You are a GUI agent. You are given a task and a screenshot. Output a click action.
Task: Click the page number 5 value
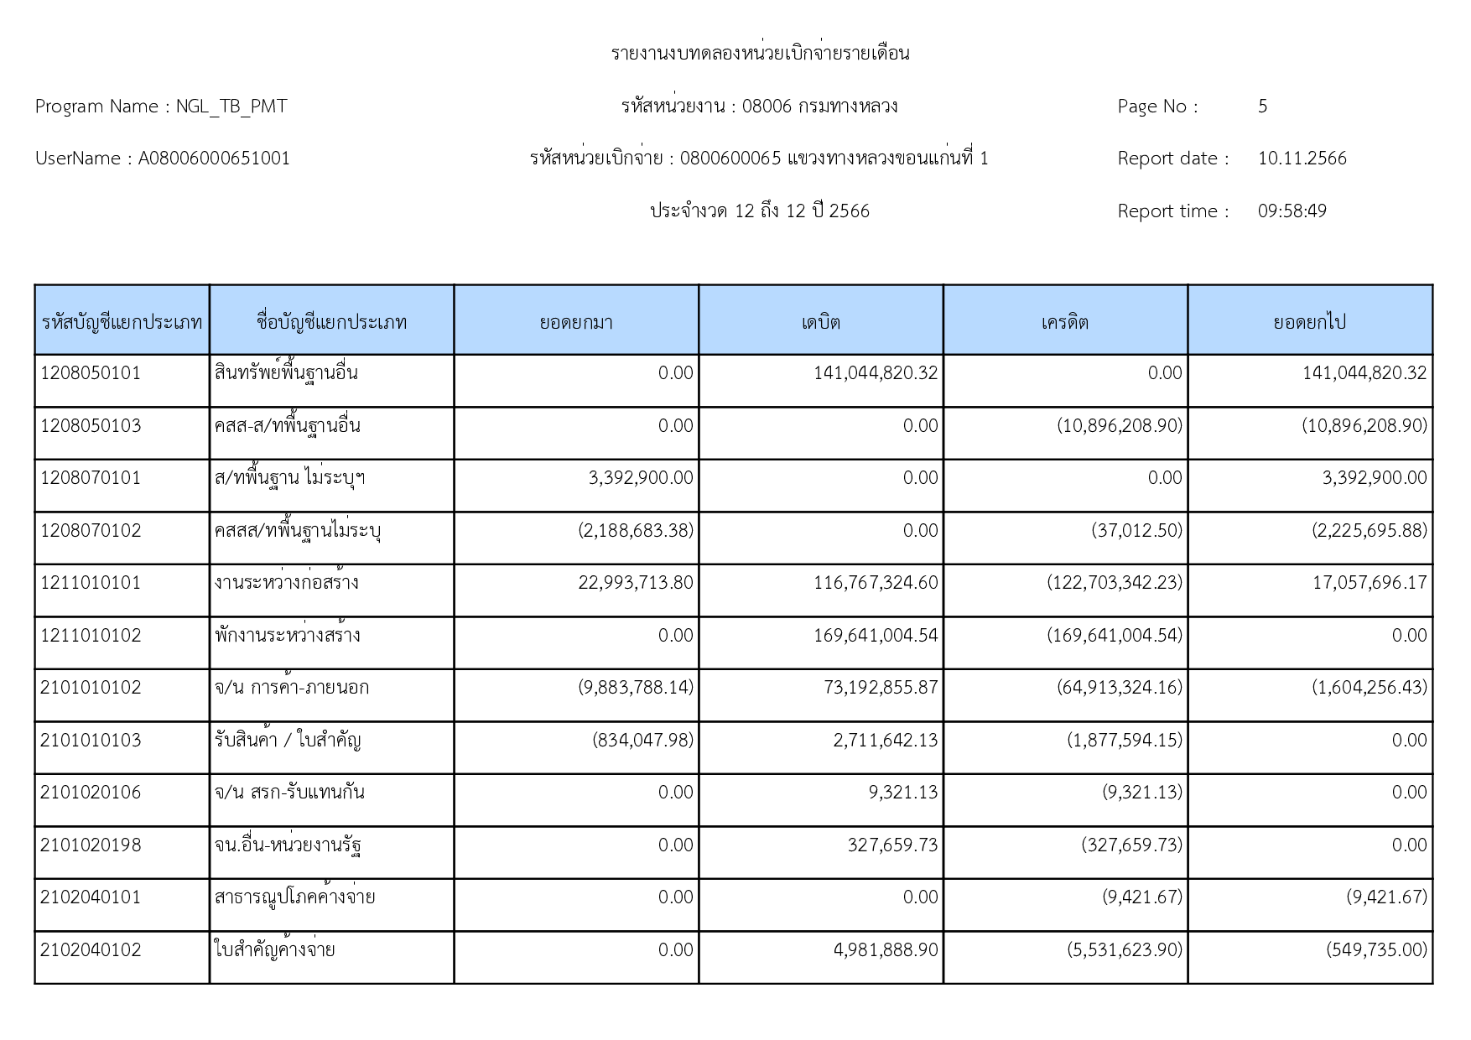point(1262,107)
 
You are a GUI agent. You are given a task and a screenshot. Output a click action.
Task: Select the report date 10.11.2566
point(1302,159)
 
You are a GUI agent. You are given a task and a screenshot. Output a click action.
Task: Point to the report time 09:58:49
point(1292,211)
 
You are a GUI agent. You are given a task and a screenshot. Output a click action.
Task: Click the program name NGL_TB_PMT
point(231,107)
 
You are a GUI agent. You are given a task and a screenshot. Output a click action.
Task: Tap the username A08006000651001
point(214,159)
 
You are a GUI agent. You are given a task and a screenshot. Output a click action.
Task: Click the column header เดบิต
point(820,322)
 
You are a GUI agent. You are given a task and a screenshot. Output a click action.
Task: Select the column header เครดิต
point(1065,322)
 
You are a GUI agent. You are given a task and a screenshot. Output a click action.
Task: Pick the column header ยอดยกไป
point(1309,322)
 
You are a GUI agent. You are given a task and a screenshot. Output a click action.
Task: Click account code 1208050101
point(91,373)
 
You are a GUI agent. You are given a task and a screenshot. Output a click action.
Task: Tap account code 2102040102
point(91,950)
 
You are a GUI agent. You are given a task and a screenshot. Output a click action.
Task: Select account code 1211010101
point(91,583)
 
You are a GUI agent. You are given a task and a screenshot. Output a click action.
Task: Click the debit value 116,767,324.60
point(876,583)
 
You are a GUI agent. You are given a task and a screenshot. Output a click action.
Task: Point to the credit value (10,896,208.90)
point(1119,426)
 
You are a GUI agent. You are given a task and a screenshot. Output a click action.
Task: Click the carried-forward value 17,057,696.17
point(1369,583)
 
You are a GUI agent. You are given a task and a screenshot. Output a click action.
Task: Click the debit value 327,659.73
point(892,845)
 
